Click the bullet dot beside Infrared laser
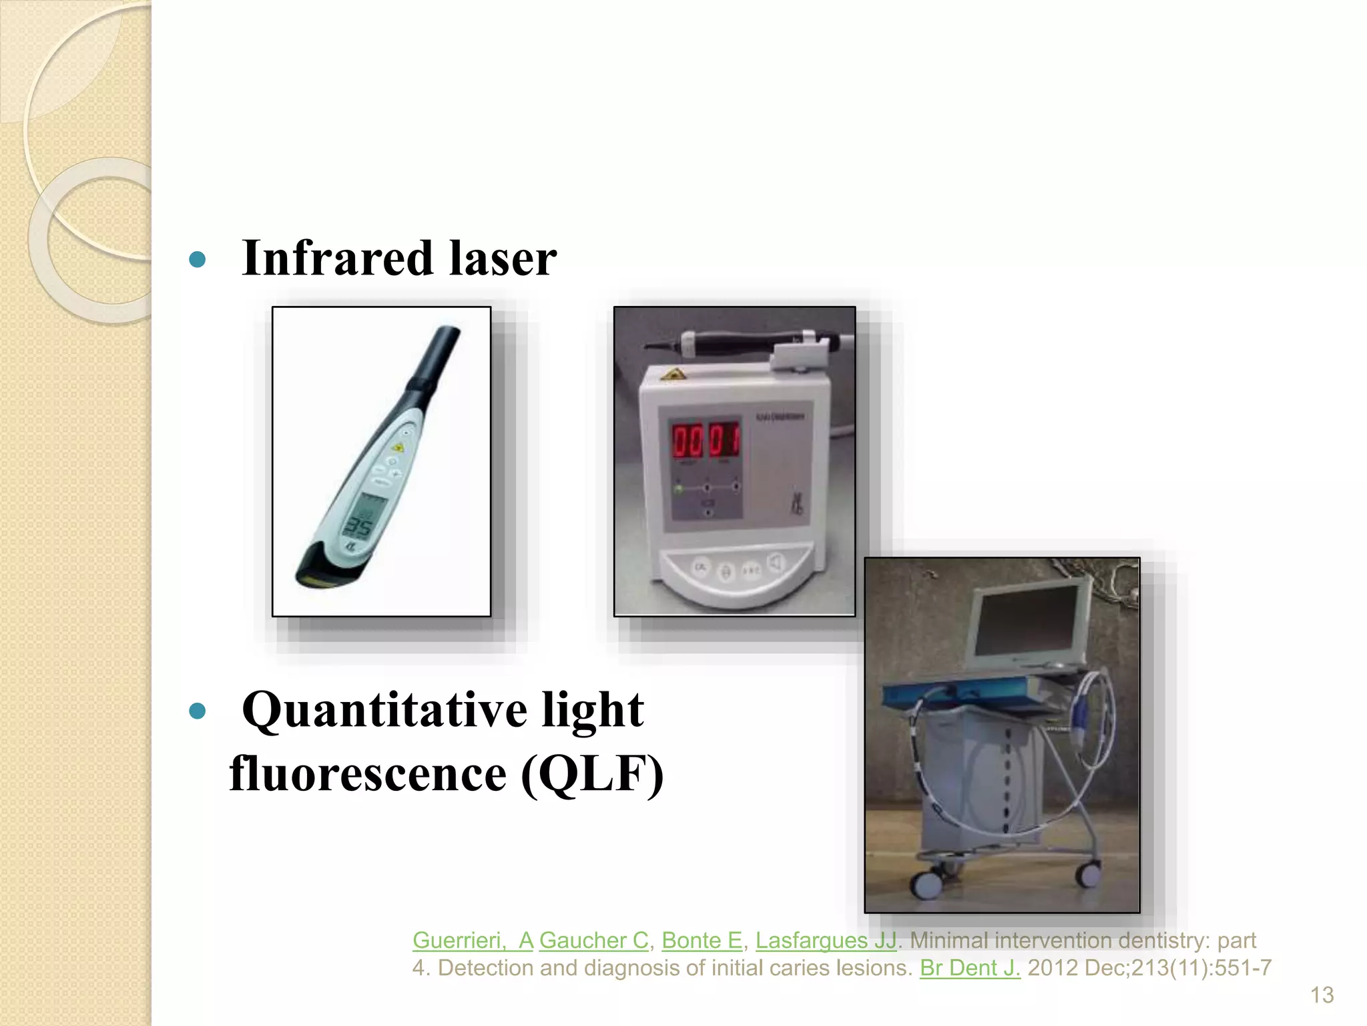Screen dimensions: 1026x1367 point(197,259)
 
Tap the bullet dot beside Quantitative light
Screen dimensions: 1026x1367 point(197,711)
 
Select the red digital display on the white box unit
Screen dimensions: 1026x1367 point(705,442)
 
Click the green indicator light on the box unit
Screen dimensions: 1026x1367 point(679,489)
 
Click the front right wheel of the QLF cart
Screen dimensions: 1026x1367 point(1089,873)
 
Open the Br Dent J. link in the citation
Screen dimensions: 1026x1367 point(969,968)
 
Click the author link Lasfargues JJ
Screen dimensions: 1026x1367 point(826,940)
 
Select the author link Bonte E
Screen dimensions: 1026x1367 point(702,940)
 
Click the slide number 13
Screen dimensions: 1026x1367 point(1322,995)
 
